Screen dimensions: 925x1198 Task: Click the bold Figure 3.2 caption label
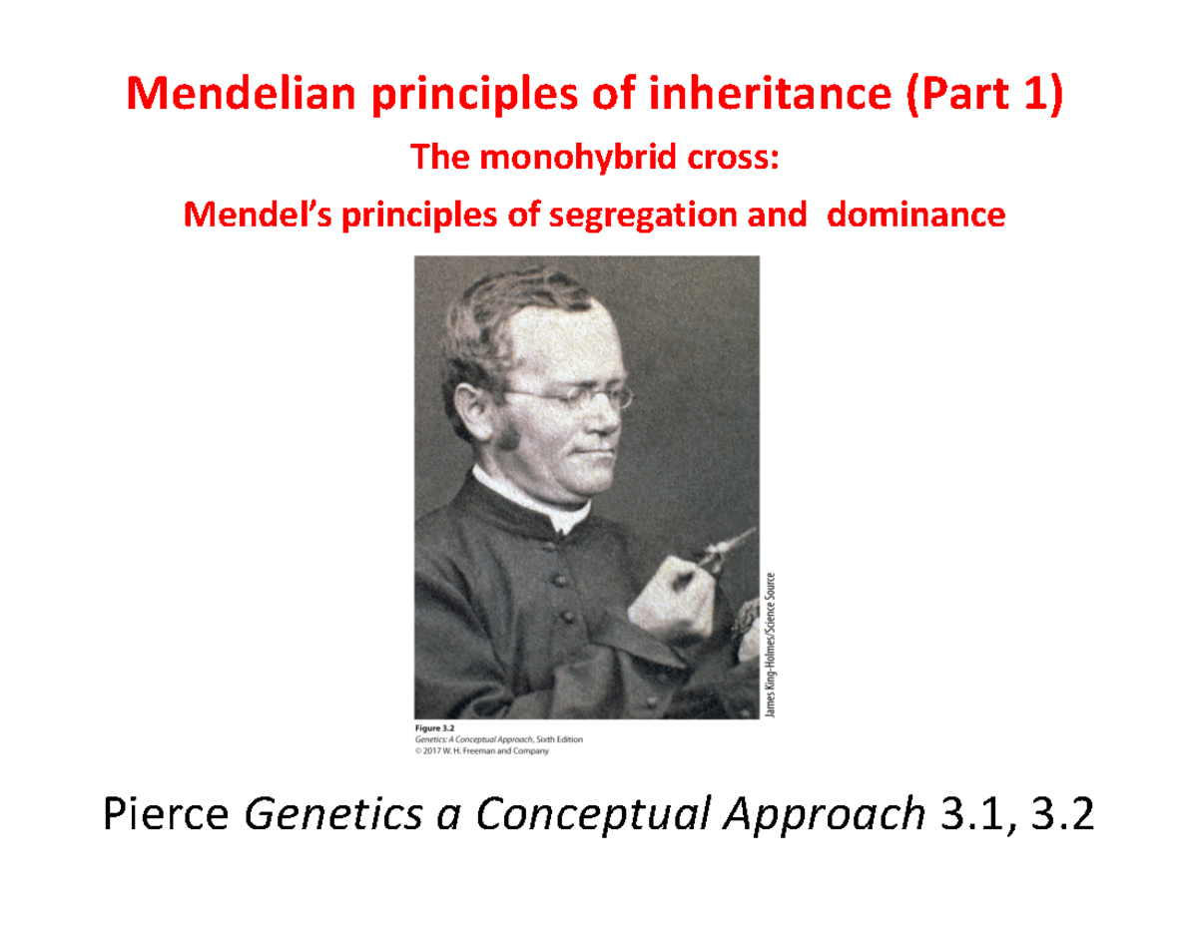tap(434, 728)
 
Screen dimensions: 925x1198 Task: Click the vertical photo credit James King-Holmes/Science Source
tap(770, 644)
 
